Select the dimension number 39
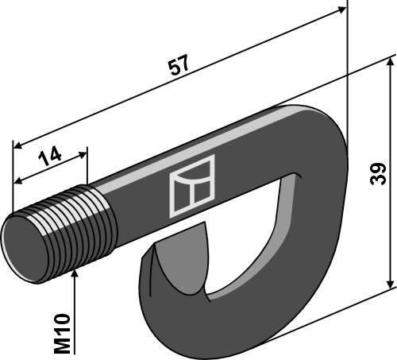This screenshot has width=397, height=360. [x=379, y=172]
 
